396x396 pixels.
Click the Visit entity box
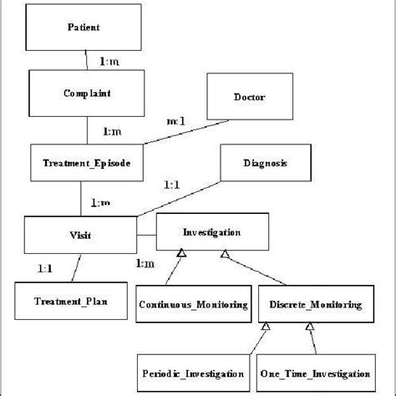(x=80, y=236)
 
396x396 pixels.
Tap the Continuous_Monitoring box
(x=193, y=305)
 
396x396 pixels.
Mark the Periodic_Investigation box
(x=193, y=373)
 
